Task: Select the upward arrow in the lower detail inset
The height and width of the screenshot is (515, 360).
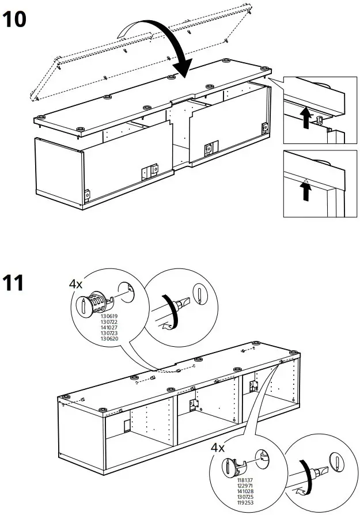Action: pos(305,191)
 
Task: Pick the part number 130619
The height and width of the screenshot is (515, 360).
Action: pos(108,316)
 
